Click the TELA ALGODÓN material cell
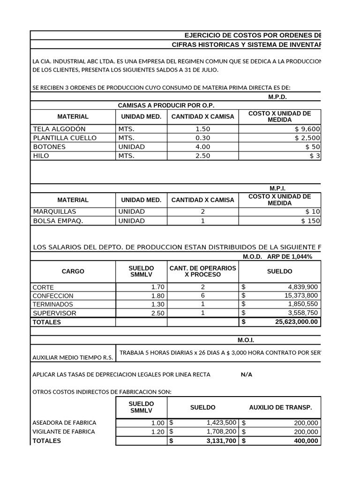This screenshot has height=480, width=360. pos(59,129)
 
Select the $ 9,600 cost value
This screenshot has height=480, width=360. pos(307,129)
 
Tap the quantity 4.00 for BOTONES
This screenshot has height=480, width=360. pos(202,147)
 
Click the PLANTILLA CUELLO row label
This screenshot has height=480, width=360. pos(65,138)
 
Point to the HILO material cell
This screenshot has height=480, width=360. pos(41,156)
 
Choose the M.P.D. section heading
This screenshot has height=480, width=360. pos(277,97)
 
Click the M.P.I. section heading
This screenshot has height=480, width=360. pos(277,188)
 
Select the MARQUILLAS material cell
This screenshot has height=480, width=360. pos(54,211)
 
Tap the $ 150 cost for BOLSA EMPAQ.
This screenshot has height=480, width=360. pos(310,221)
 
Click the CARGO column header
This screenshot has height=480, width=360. pos(73,271)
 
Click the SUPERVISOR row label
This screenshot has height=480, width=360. pos(54,313)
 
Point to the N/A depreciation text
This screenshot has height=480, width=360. pos(246,375)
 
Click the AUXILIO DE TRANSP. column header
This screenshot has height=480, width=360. pos(280,407)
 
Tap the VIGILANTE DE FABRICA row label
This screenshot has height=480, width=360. pos(63,432)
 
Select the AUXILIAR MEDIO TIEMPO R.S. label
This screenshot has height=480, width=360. pos(72,358)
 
